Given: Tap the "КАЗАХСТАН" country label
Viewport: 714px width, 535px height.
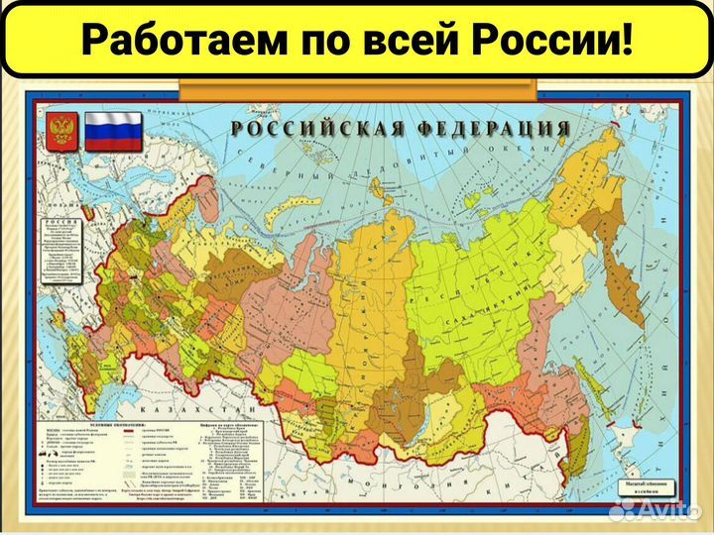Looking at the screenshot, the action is pos(198,408).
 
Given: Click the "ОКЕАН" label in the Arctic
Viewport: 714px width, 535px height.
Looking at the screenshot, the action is pos(525,150).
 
